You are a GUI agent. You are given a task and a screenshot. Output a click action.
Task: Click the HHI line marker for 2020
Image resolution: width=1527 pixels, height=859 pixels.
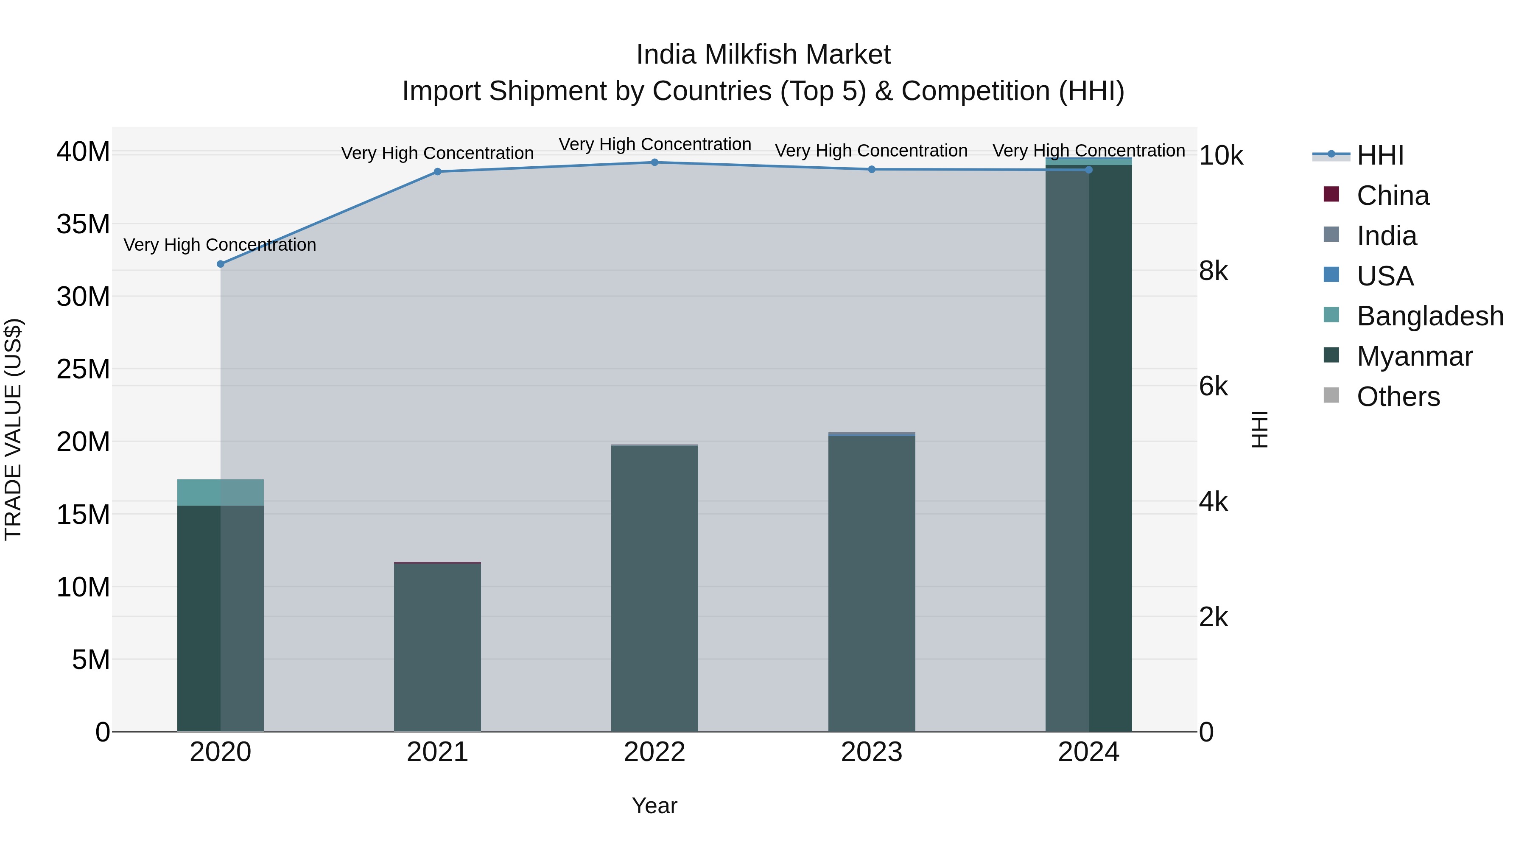point(221,264)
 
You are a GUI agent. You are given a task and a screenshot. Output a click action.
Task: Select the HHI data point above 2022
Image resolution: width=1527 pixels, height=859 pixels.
point(654,162)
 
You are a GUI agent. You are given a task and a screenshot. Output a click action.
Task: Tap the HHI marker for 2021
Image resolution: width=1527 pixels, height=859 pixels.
point(437,172)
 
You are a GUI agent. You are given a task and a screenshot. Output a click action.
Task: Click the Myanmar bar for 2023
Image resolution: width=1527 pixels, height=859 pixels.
point(871,584)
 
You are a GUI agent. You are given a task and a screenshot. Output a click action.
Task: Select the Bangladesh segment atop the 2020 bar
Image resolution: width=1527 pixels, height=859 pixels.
point(221,492)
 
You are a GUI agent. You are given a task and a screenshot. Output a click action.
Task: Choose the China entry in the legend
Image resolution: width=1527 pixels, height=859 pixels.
point(1393,196)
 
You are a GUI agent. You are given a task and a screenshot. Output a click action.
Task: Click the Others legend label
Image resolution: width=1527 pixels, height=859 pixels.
point(1398,397)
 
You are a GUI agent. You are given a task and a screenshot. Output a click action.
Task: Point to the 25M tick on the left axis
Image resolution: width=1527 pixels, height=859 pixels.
point(83,369)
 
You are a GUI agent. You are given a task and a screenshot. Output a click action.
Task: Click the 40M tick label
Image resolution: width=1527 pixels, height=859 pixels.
point(83,152)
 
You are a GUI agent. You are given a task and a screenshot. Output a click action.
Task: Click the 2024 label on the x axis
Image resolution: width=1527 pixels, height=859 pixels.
point(1088,752)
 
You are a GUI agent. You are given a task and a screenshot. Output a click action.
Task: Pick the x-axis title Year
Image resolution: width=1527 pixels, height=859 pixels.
point(654,806)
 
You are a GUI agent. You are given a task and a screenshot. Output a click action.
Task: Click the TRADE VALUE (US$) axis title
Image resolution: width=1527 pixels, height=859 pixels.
point(13,429)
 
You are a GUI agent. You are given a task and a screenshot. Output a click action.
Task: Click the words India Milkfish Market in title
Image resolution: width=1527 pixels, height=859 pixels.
point(763,55)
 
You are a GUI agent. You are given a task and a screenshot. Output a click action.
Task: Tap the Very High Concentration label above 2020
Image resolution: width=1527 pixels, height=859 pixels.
point(220,245)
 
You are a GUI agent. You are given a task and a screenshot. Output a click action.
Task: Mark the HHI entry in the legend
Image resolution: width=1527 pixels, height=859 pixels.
point(1379,155)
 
